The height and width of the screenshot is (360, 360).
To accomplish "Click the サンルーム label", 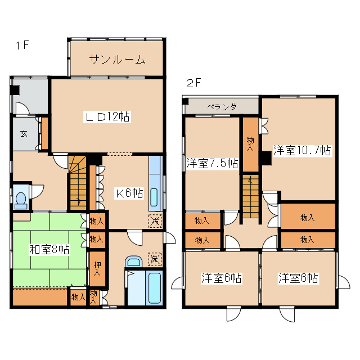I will [117, 60].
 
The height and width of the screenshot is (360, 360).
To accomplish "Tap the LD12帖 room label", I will [107, 117].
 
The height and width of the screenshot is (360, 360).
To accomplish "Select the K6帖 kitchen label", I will [129, 193].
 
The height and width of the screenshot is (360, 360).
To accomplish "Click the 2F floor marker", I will [193, 83].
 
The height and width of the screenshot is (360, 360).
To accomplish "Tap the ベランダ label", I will [222, 106].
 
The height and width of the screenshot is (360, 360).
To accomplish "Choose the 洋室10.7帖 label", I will [302, 150].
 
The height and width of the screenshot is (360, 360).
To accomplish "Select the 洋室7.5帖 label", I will [211, 164].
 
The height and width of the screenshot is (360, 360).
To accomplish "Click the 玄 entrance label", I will [24, 134].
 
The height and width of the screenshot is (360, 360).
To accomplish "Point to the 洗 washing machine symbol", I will [153, 259].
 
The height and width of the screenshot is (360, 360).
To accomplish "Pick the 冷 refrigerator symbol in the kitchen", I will [154, 221].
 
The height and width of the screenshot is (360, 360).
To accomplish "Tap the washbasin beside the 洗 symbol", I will [134, 262].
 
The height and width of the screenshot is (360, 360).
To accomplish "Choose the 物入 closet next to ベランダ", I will [250, 143].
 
